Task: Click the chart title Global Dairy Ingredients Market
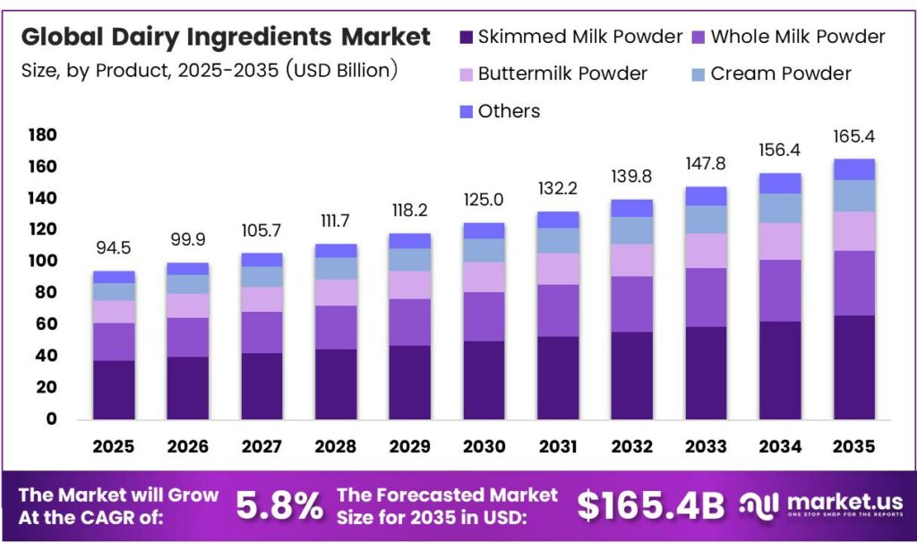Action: tap(226, 38)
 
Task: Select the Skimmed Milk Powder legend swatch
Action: tap(466, 38)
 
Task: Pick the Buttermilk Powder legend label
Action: tap(561, 73)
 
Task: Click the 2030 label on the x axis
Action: tap(484, 446)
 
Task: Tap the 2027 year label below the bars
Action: tap(261, 446)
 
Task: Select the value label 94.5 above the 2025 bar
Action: tap(114, 247)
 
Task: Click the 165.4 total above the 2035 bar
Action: tap(853, 137)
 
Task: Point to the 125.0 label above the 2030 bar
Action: tap(484, 199)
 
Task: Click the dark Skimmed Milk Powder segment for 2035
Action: tap(853, 367)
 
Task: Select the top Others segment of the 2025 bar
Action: tap(114, 277)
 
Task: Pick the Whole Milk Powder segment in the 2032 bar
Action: tap(631, 305)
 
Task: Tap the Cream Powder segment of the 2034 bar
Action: tap(779, 208)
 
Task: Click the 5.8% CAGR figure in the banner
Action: tap(279, 506)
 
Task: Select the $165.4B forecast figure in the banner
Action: tap(650, 506)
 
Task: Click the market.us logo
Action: tap(820, 506)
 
